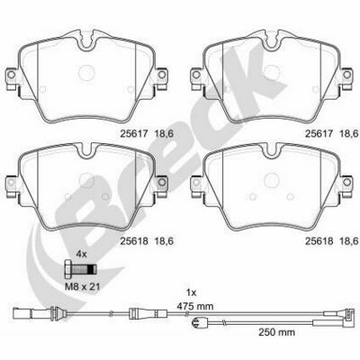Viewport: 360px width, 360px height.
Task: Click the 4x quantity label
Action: click(x=81, y=255)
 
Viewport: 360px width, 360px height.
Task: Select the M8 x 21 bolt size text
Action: click(x=82, y=287)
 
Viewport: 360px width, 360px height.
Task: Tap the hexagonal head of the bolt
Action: click(x=68, y=270)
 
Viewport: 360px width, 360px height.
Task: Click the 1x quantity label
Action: click(x=191, y=292)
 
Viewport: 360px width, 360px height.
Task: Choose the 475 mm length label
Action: click(x=195, y=306)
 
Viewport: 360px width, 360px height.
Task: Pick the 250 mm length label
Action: click(x=276, y=332)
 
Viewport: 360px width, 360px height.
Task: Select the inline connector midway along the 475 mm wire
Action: click(x=147, y=313)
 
